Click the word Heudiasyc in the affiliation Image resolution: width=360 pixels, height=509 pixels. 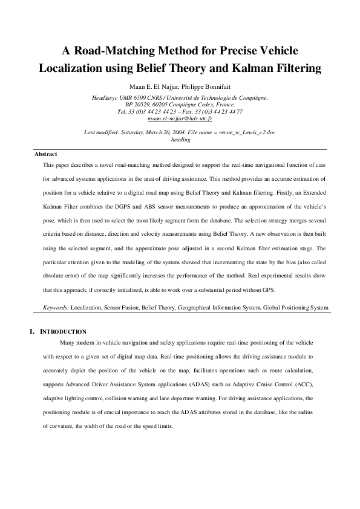click(x=105, y=97)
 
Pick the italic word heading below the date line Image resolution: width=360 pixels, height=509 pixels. click(x=180, y=139)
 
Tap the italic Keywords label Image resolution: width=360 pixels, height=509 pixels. click(x=56, y=308)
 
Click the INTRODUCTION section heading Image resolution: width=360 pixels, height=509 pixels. click(x=63, y=332)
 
